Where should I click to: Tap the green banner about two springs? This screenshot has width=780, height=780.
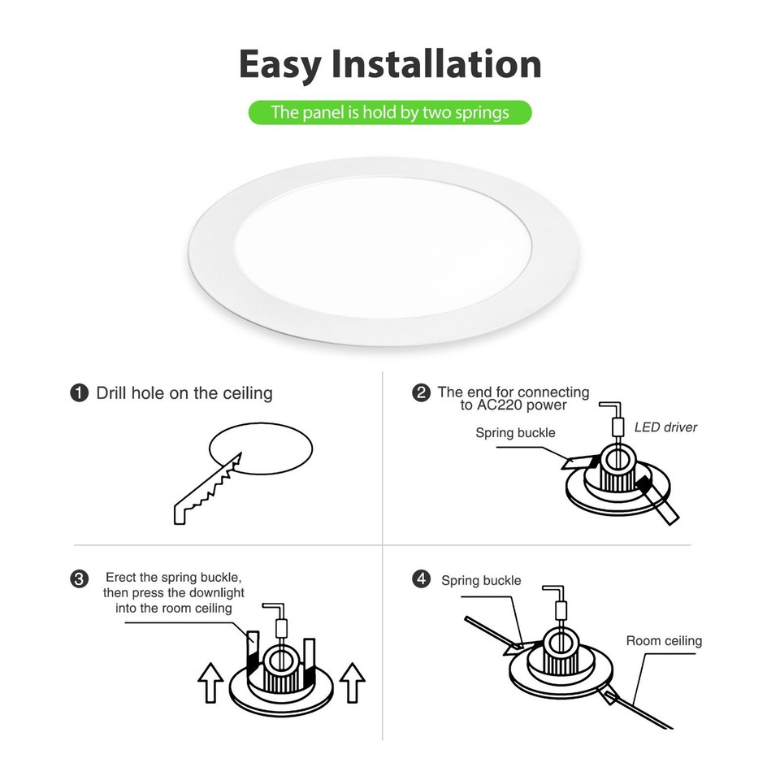tap(390, 112)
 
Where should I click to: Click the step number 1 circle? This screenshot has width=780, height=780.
tap(79, 393)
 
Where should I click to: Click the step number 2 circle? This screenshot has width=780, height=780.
tap(421, 393)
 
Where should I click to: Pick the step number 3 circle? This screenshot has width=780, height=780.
tap(79, 579)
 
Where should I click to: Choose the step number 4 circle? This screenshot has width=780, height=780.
tap(421, 579)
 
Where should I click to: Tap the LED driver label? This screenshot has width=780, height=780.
tap(665, 427)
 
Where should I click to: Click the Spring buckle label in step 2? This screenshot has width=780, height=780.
tap(515, 433)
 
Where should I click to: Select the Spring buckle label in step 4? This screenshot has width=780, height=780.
tap(481, 580)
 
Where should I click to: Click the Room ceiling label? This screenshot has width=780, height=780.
tap(664, 641)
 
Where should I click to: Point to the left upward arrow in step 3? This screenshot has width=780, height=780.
tap(211, 682)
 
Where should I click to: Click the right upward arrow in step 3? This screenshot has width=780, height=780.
tap(352, 682)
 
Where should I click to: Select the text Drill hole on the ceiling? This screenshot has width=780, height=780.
tap(184, 393)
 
